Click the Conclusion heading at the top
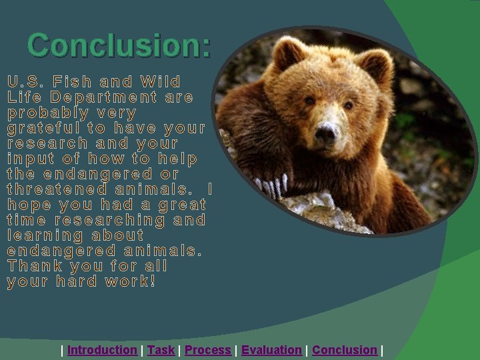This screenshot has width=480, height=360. click(119, 45)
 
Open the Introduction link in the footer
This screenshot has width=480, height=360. click(102, 350)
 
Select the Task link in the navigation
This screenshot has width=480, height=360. click(161, 350)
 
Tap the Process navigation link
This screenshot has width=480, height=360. click(208, 350)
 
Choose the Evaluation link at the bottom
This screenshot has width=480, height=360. click(271, 350)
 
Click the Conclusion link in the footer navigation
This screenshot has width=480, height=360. click(345, 350)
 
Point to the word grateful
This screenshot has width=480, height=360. click(43, 128)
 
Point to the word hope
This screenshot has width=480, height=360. click(29, 205)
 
